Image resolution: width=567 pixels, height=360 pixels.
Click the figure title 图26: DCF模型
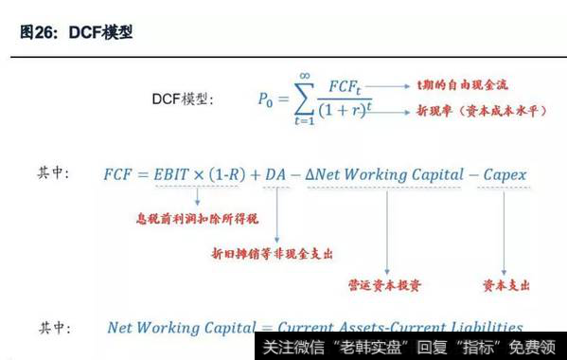(x=77, y=32)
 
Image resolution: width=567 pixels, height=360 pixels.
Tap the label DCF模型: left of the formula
(x=184, y=99)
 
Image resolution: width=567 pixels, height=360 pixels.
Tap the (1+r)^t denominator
(x=352, y=113)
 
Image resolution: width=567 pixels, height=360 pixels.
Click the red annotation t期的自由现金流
(x=461, y=84)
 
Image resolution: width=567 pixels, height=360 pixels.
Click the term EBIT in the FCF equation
(x=179, y=175)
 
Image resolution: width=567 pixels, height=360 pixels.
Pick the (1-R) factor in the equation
(x=244, y=175)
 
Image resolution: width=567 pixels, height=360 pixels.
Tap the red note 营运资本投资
(x=385, y=284)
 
